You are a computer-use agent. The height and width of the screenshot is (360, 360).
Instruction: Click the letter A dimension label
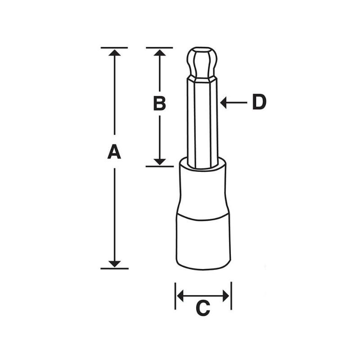[x=115, y=152]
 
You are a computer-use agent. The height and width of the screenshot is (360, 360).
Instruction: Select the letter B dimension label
[x=159, y=103]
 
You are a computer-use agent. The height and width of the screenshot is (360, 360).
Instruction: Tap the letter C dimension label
[x=203, y=308]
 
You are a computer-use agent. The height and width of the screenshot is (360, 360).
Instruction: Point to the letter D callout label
[x=259, y=103]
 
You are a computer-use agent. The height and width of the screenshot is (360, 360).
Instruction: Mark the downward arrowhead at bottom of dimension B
[x=159, y=161]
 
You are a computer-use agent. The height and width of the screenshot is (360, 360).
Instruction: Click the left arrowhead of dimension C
[x=180, y=296]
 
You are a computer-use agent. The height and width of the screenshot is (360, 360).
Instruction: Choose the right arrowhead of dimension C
[x=226, y=296]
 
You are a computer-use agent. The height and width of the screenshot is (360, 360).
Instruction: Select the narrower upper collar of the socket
[x=202, y=187]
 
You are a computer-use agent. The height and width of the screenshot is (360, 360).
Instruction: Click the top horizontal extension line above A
[x=114, y=47]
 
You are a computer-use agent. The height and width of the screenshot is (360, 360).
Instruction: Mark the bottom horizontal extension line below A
[x=114, y=268]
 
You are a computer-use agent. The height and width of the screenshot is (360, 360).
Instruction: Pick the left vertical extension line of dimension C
[x=175, y=296]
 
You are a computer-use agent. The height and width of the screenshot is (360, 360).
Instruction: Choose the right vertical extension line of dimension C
[x=231, y=296]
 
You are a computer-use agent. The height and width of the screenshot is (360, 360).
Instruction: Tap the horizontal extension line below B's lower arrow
[x=159, y=166]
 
